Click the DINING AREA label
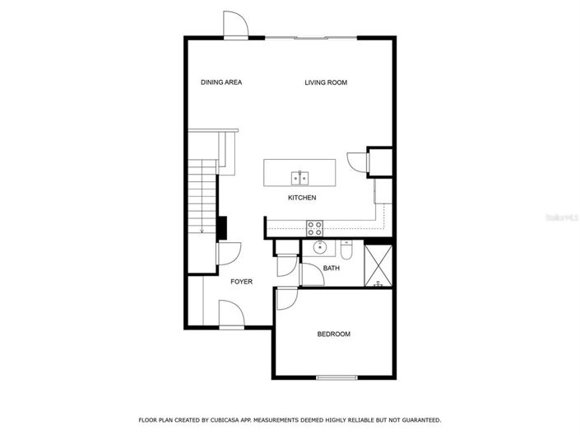(x=221, y=82)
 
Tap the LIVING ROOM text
(x=326, y=82)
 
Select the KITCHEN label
(x=302, y=198)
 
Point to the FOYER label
(x=241, y=282)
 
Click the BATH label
(x=332, y=269)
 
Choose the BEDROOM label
(x=334, y=334)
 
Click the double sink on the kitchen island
(x=299, y=177)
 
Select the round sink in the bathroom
(x=318, y=246)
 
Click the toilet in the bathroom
(x=346, y=251)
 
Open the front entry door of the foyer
(x=230, y=314)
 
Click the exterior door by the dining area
(x=235, y=26)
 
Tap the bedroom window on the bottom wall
(x=336, y=378)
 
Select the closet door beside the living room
(x=357, y=161)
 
